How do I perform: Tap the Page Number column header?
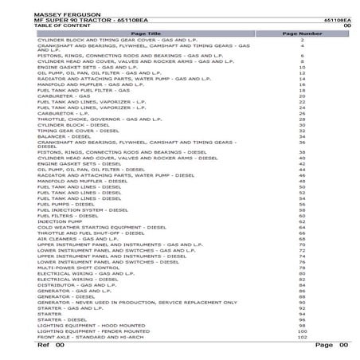coord(303,34)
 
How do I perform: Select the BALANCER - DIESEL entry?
coord(61,136)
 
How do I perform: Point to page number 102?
coord(302,338)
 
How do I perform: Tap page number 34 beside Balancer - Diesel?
coord(303,136)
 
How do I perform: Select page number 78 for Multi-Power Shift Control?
coord(303,268)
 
